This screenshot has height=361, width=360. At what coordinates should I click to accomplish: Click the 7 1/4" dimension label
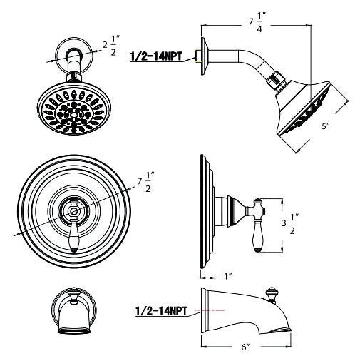(x=257, y=22)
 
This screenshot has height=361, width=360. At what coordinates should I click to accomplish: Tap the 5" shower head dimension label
(x=326, y=126)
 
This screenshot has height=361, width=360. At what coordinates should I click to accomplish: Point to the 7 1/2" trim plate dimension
(x=146, y=182)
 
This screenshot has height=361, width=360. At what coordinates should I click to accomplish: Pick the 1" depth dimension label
(x=228, y=276)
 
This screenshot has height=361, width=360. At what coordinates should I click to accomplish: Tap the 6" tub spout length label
(x=246, y=347)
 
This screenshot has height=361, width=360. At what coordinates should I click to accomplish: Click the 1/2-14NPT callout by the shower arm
(x=156, y=56)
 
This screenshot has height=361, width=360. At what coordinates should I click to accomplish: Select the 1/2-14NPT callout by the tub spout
(x=161, y=311)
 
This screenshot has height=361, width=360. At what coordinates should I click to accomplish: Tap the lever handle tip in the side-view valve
(x=258, y=250)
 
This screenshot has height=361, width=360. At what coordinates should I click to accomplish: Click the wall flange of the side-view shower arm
(x=205, y=56)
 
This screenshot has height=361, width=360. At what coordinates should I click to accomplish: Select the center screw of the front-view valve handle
(x=73, y=211)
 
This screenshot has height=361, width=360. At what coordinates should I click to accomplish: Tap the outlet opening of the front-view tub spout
(x=74, y=330)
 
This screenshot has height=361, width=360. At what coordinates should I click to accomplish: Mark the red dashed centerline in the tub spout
(x=210, y=310)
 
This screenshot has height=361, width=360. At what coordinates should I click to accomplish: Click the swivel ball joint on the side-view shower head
(x=277, y=81)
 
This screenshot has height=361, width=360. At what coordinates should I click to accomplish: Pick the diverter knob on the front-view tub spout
(x=73, y=295)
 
